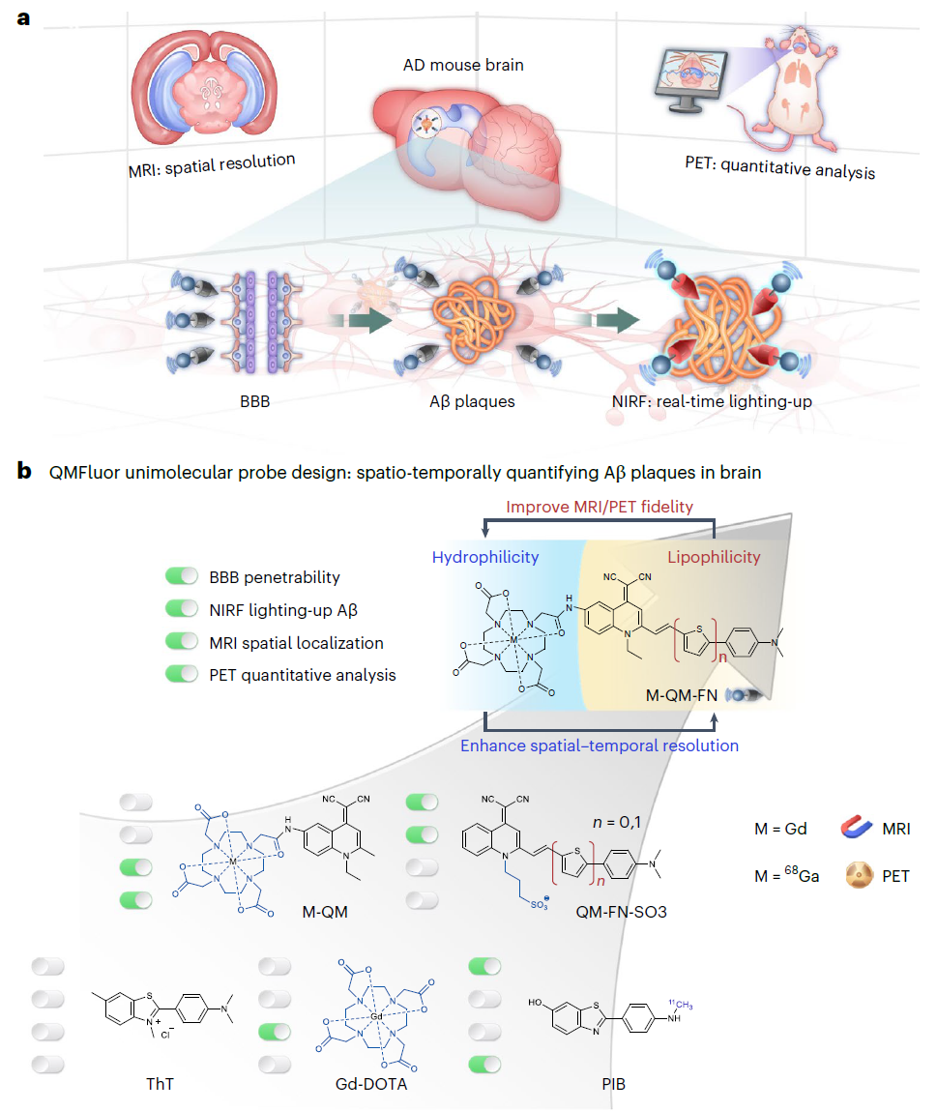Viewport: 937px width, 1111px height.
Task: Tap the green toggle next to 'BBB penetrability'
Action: pyautogui.click(x=182, y=577)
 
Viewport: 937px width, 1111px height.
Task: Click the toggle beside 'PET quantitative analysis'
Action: pyautogui.click(x=182, y=675)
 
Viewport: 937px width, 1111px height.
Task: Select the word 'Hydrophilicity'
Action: pyautogui.click(x=484, y=557)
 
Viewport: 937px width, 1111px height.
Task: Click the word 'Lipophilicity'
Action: pyautogui.click(x=715, y=557)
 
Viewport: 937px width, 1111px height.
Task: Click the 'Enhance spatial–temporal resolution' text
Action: pyautogui.click(x=599, y=746)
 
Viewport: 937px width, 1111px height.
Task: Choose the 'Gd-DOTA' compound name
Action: pyautogui.click(x=372, y=1084)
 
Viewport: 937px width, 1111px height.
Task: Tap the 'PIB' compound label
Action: pyautogui.click(x=613, y=1084)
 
